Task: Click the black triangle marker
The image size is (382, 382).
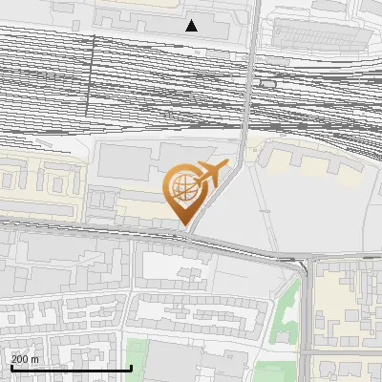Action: [192, 26]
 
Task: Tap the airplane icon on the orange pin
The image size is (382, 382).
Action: [211, 175]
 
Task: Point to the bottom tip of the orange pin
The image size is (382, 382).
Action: [184, 224]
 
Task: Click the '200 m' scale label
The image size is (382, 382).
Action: [26, 359]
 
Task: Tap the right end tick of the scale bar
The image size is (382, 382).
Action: [130, 366]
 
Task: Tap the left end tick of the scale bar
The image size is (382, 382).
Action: [11, 366]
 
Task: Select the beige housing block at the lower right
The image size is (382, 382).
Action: [348, 306]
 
